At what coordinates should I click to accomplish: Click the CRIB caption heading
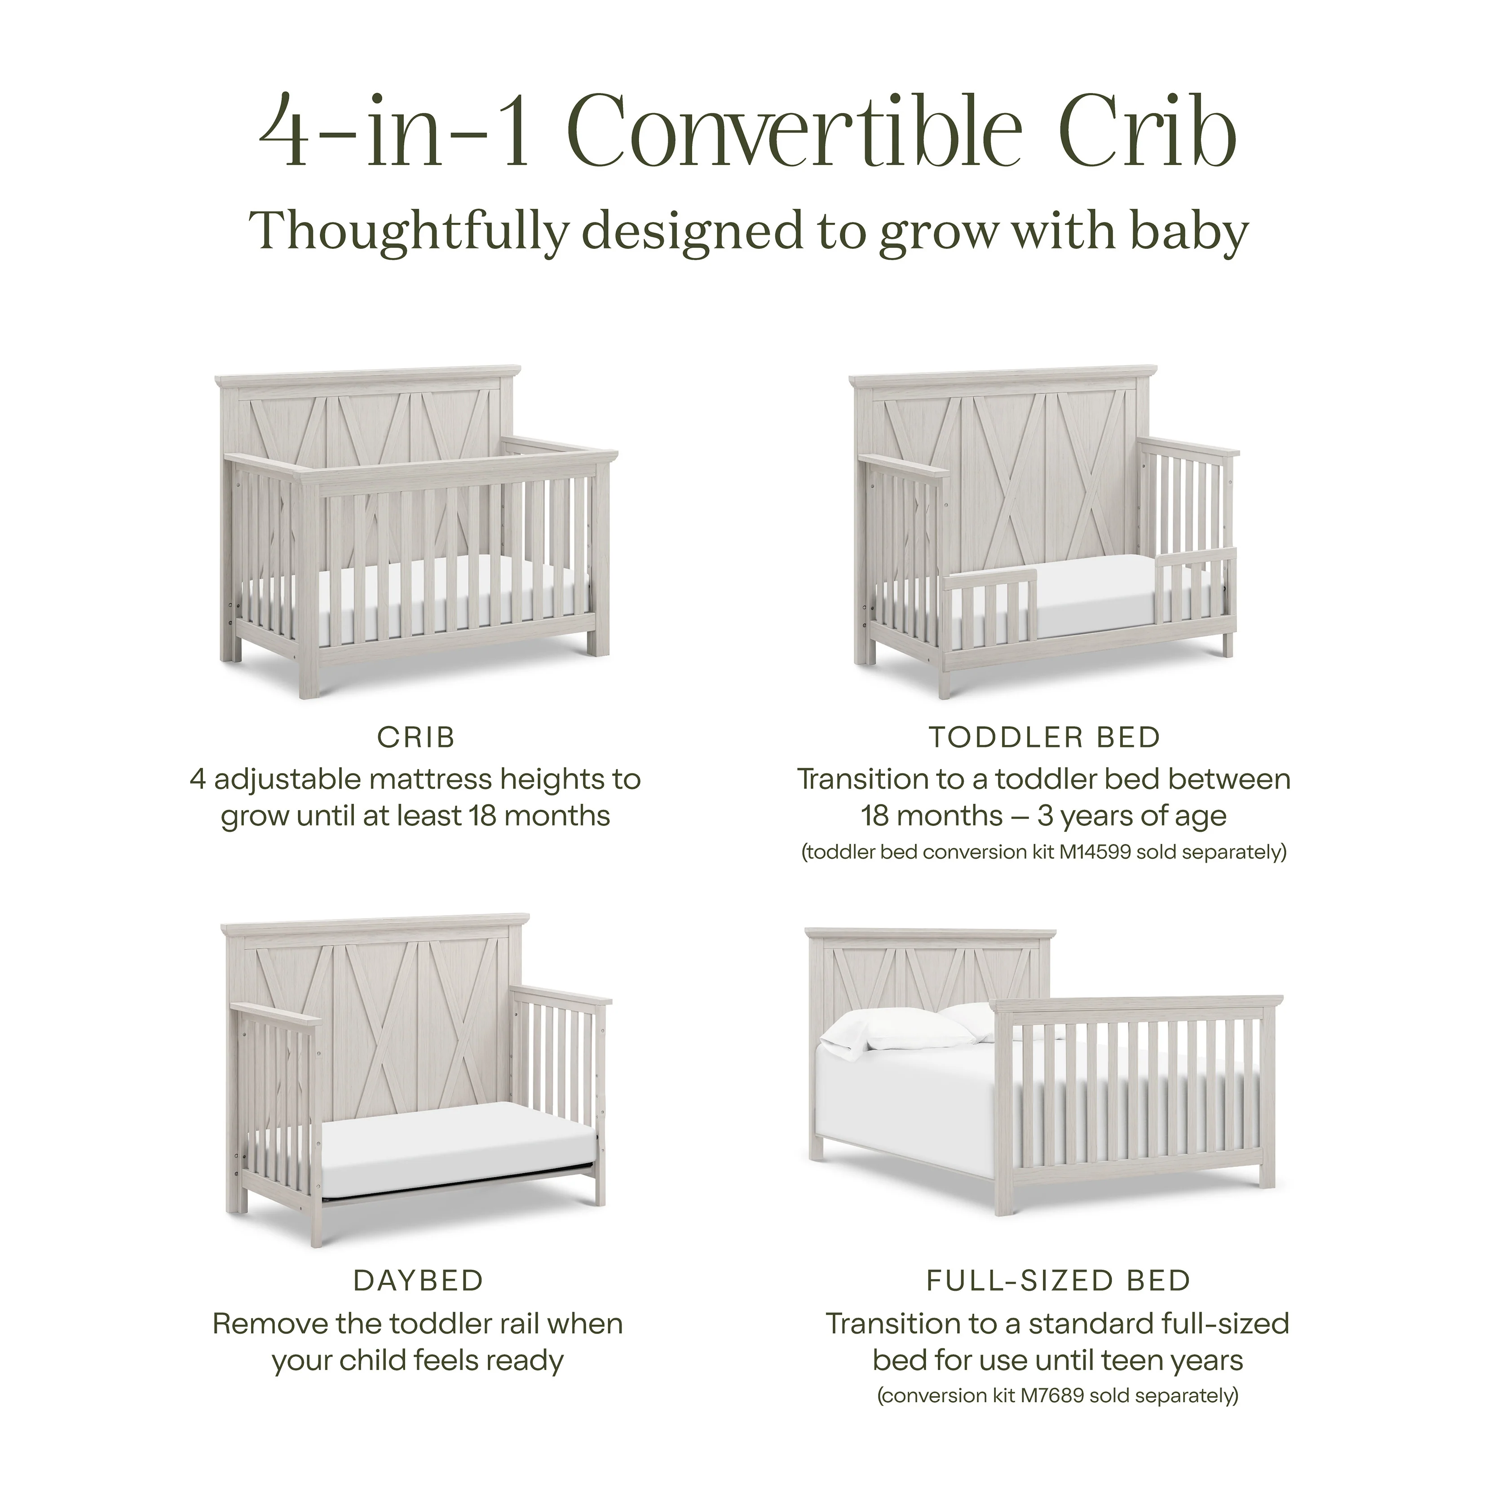point(416,737)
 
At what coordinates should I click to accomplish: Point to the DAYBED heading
point(419,1281)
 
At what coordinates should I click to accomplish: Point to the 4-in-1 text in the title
point(395,132)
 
